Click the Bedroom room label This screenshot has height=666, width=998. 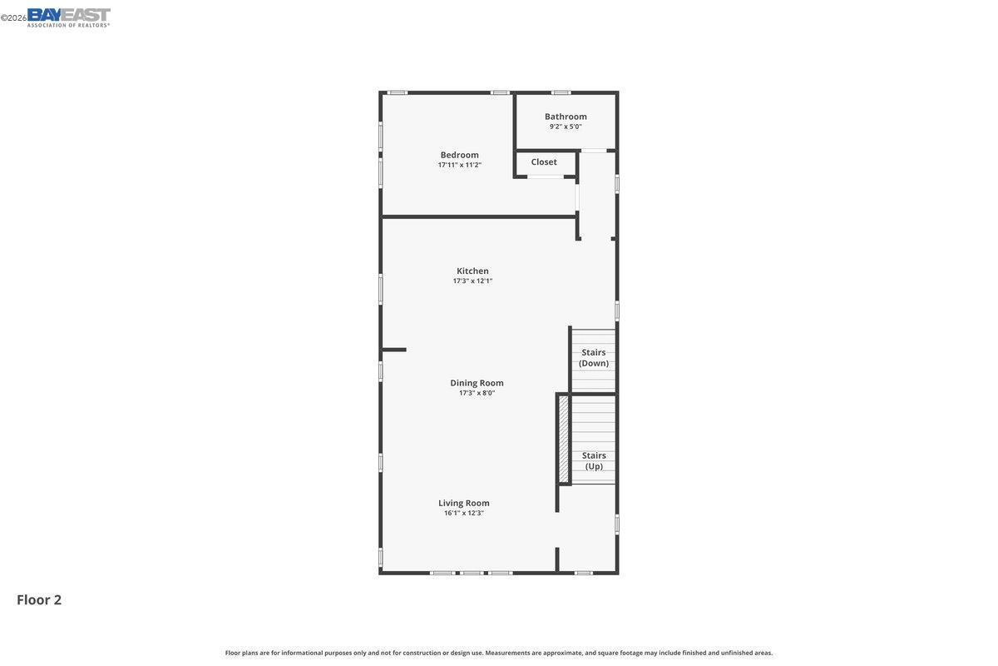click(459, 155)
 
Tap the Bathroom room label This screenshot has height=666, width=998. click(566, 117)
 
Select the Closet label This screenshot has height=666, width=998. click(544, 162)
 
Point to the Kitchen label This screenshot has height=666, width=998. click(472, 271)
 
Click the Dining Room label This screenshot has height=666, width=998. click(477, 383)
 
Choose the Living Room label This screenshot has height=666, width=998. click(464, 503)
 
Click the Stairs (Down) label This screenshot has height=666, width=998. click(594, 358)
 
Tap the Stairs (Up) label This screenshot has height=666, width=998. click(594, 460)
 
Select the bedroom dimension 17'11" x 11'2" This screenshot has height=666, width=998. click(459, 165)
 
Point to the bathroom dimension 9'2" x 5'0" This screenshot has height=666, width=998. click(566, 127)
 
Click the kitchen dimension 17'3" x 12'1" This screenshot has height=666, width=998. click(472, 281)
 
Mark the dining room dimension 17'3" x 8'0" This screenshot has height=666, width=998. click(477, 393)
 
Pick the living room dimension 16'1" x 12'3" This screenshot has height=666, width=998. click(463, 513)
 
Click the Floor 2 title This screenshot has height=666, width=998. click(39, 599)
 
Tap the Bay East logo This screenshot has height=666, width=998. click(68, 17)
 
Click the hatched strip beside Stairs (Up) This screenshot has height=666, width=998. click(563, 439)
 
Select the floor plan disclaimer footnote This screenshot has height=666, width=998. click(498, 653)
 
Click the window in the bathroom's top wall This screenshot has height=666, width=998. click(561, 92)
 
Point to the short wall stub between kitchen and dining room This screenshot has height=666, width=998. click(394, 350)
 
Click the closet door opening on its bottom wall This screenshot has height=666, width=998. click(545, 176)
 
